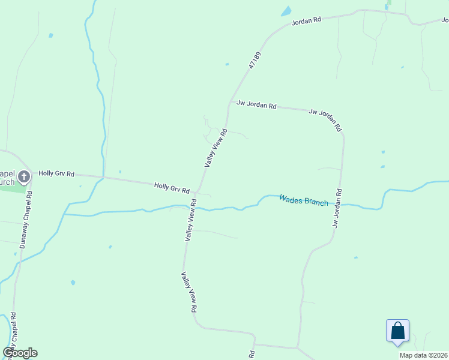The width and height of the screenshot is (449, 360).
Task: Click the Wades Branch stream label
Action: click(304, 200)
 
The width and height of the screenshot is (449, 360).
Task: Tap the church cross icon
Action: click(23, 176)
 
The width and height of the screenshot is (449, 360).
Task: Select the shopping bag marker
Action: click(397, 331)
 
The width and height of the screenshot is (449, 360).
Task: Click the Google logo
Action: click(20, 353)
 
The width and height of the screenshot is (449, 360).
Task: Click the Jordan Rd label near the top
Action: click(306, 20)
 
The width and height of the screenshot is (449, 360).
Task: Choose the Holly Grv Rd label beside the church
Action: click(56, 173)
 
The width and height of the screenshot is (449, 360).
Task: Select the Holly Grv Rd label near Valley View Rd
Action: click(172, 188)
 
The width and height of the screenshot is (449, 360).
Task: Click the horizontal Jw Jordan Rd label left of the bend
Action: click(256, 106)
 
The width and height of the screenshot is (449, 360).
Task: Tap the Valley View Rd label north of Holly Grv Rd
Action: click(216, 148)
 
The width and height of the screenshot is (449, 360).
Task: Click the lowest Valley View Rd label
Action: click(189, 292)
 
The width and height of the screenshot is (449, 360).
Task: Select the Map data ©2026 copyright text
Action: click(423, 355)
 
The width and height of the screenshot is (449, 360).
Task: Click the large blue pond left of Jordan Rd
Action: click(286, 11)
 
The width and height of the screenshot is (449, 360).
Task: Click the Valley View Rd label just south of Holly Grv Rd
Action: click(191, 221)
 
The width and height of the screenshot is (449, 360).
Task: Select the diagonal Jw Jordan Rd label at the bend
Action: click(325, 119)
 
